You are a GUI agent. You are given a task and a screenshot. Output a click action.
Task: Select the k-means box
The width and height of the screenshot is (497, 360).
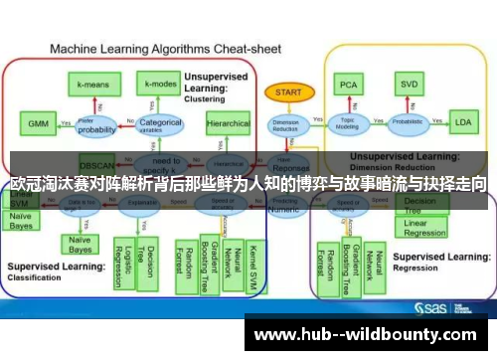95,86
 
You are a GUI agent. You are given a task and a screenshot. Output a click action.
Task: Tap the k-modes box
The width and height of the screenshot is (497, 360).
159,86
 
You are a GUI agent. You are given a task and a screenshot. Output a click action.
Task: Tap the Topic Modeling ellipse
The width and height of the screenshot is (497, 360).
349,123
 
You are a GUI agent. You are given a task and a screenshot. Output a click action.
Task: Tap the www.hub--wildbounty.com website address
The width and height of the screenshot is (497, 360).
369,335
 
